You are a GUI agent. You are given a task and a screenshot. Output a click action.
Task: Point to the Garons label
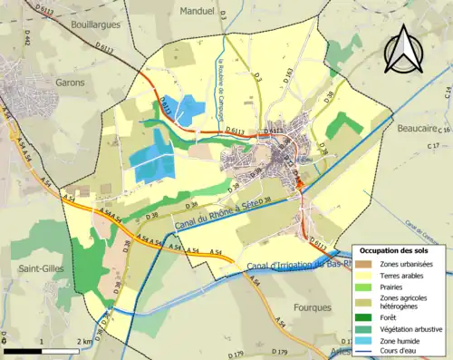(x=69, y=83)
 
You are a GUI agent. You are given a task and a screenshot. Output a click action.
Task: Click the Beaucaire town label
(x=418, y=129)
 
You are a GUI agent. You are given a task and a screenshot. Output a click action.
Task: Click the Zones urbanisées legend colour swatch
(x=362, y=264)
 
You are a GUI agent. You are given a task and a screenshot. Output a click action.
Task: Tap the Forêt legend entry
(x=384, y=316)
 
